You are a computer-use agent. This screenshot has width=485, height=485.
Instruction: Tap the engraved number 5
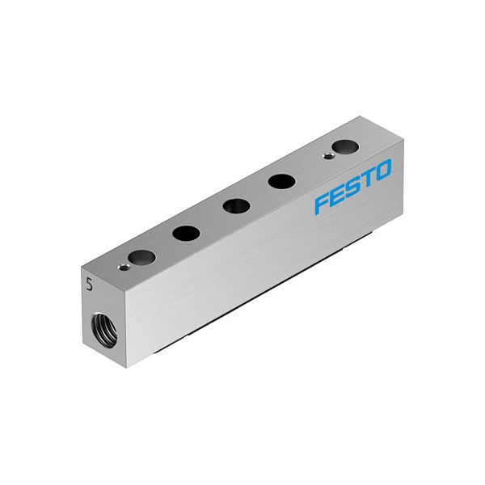point(90,284)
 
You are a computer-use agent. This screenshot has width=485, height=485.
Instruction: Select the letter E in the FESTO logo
point(339,196)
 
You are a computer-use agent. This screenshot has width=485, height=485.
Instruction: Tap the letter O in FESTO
point(382,171)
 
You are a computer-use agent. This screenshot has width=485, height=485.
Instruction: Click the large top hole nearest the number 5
point(141,257)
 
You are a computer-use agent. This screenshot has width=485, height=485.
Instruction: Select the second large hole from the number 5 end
point(186,233)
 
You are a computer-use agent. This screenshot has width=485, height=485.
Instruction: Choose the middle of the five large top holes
point(236,206)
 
